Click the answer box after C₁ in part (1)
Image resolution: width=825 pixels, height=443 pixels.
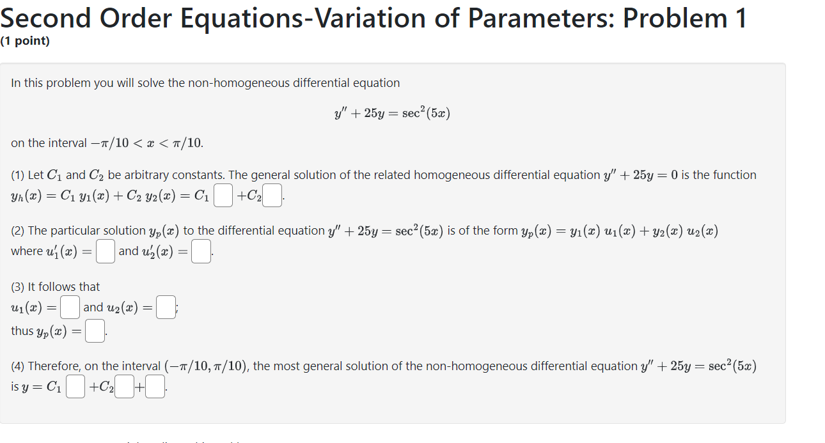[223, 196]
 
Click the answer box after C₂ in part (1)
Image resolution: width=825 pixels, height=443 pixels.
[272, 196]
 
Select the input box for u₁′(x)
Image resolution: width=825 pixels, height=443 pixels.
[106, 251]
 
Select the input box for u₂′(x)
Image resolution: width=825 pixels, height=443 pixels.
[201, 251]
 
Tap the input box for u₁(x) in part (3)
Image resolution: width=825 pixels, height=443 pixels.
[70, 307]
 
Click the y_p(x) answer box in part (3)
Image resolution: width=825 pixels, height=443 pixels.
[95, 331]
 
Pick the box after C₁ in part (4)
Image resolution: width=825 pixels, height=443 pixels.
[75, 387]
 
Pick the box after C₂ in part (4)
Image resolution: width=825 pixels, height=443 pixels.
[125, 387]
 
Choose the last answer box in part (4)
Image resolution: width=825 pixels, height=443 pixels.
[155, 387]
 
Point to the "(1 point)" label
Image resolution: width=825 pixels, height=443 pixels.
[25, 42]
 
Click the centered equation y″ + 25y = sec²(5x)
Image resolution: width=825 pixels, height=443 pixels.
[392, 114]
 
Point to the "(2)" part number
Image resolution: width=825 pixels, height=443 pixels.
[18, 231]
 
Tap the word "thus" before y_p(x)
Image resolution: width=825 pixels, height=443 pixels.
[22, 331]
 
